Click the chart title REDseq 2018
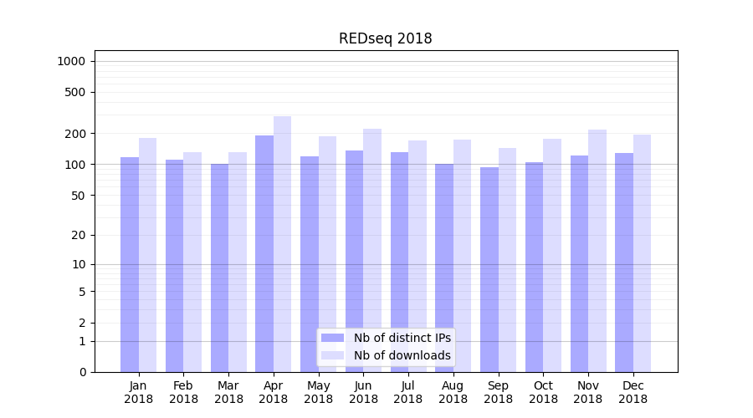385,39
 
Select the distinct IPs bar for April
264,251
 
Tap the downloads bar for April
282,242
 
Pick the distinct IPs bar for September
489,268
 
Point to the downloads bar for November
597,251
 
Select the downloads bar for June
372,251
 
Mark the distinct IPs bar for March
219,268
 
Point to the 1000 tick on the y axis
71,61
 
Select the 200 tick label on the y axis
75,134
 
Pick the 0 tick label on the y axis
82,372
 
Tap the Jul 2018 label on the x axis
408,392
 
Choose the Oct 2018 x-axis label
543,392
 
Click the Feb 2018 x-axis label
183,392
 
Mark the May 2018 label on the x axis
318,392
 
